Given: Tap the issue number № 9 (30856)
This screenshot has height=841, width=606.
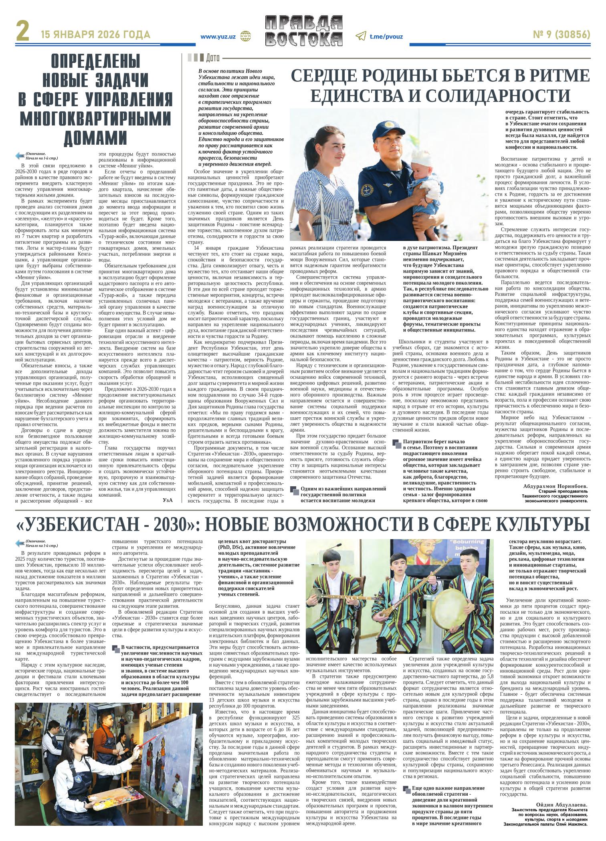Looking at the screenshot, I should [561, 35].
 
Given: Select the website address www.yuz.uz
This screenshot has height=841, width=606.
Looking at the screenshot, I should [218, 36].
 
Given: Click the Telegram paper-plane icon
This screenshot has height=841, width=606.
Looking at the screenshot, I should [361, 36].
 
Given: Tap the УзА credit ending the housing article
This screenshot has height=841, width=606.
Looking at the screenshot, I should [168, 500].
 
